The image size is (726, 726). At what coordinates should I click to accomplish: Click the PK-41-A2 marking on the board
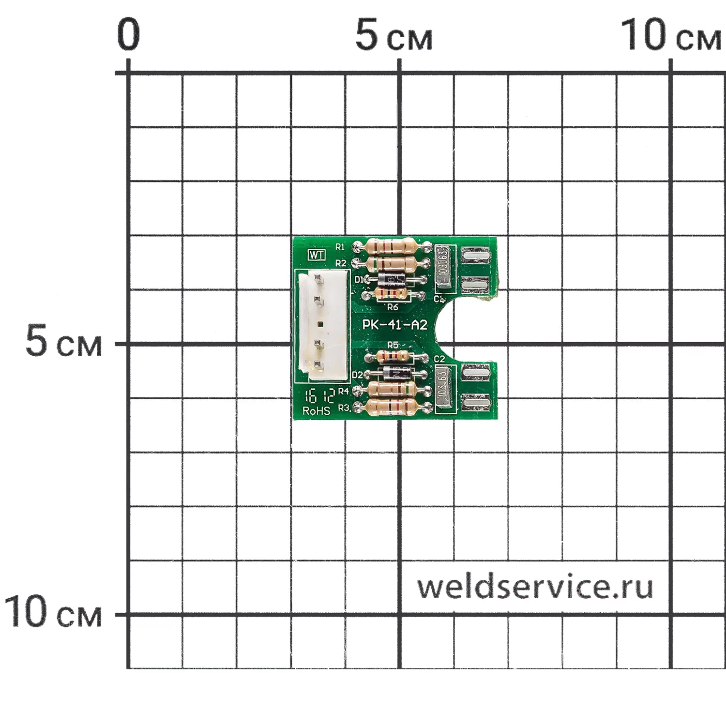tap(395, 325)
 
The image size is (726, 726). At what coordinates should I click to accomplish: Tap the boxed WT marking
tap(317, 255)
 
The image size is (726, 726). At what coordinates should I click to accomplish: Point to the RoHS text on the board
tap(316, 411)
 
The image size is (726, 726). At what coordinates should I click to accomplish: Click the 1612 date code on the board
tap(319, 397)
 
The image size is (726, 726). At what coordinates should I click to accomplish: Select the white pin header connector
tap(323, 326)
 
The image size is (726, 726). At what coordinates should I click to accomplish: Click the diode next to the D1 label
tap(393, 279)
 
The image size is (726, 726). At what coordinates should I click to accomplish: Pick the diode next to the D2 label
tap(397, 374)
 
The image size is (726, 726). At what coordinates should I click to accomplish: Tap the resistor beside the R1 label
tap(392, 246)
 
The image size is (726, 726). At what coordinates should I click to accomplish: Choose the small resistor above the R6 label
tap(392, 293)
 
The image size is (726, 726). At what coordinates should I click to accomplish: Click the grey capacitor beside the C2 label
tap(444, 389)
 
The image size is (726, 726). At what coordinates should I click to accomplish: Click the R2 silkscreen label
tap(341, 263)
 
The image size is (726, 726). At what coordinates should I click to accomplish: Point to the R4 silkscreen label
tap(343, 391)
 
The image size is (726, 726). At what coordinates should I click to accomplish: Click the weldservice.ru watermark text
tap(535, 587)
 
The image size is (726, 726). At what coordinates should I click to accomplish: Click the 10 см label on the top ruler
tap(670, 36)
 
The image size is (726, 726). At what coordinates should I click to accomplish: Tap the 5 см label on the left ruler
tap(63, 342)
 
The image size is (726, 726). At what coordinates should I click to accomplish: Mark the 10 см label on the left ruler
tap(53, 612)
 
